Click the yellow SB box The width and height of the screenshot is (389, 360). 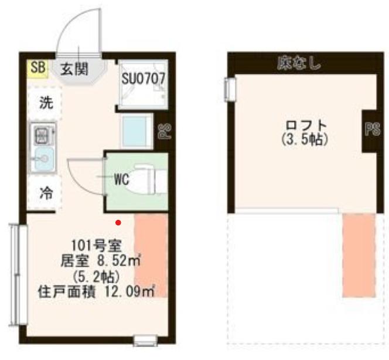click(37, 68)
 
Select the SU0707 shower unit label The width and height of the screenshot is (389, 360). click(143, 79)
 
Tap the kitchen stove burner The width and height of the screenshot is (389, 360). click(42, 135)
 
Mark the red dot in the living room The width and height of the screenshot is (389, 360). click(118, 223)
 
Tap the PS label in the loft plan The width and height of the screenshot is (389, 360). click(373, 129)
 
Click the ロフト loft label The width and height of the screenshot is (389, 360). click(306, 125)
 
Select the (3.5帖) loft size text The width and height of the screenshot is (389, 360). click(305, 140)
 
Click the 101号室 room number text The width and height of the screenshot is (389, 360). click(97, 246)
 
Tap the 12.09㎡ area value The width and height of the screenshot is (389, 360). click(129, 292)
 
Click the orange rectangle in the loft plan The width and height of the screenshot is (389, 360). click(359, 255)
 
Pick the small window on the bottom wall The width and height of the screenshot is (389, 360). click(145, 340)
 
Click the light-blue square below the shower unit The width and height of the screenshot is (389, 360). click(136, 131)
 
